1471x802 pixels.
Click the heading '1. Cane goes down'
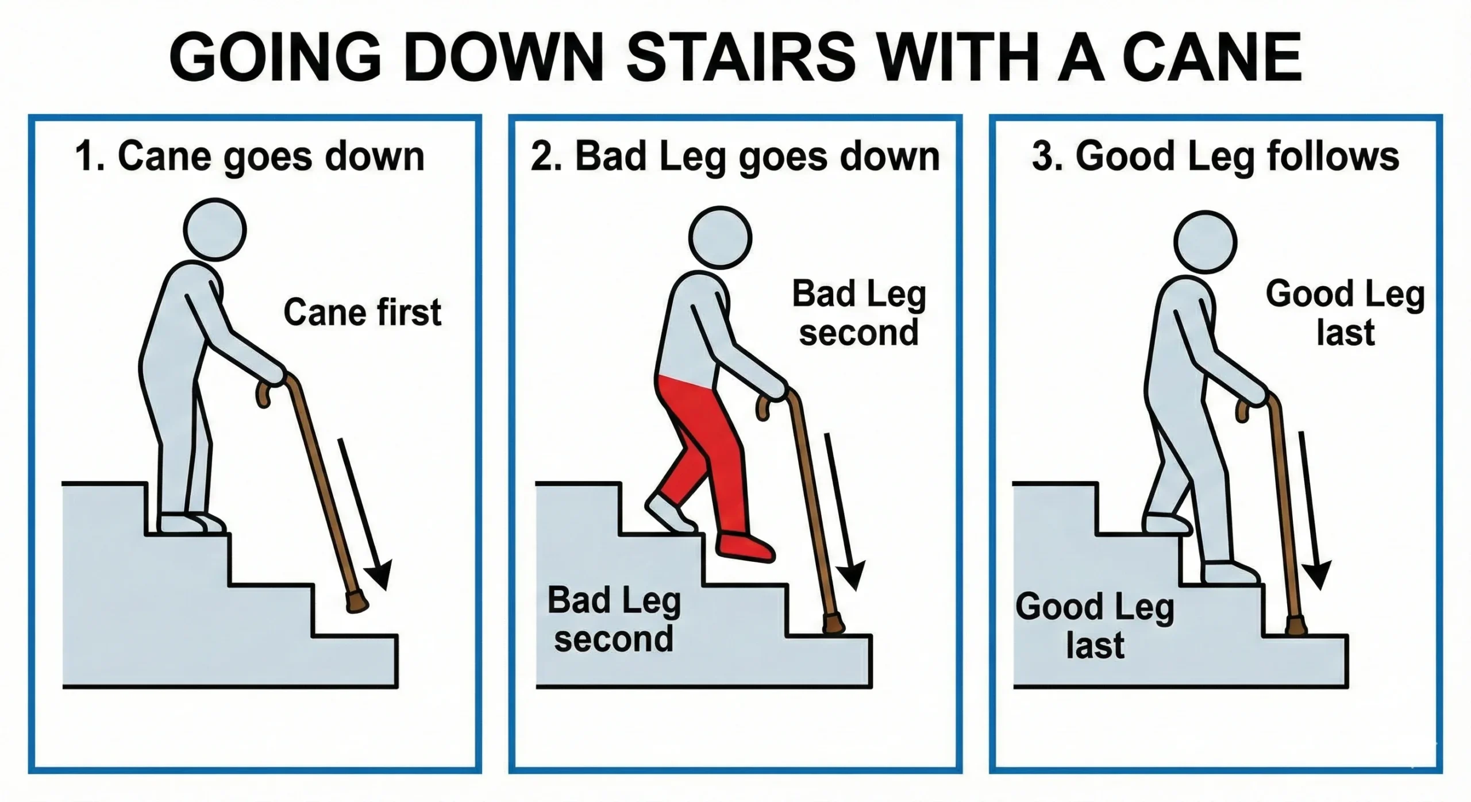click(250, 156)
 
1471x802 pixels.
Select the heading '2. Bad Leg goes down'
click(735, 156)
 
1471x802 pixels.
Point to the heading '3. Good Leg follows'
click(1215, 156)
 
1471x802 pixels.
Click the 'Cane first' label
click(362, 313)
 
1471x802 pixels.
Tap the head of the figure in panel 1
click(215, 230)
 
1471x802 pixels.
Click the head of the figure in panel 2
click(720, 237)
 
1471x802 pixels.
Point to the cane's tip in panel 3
click(1296, 626)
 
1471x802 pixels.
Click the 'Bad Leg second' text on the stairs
click(614, 619)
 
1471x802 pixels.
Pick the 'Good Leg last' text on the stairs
click(1094, 625)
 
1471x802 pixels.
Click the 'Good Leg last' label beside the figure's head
click(1345, 313)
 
